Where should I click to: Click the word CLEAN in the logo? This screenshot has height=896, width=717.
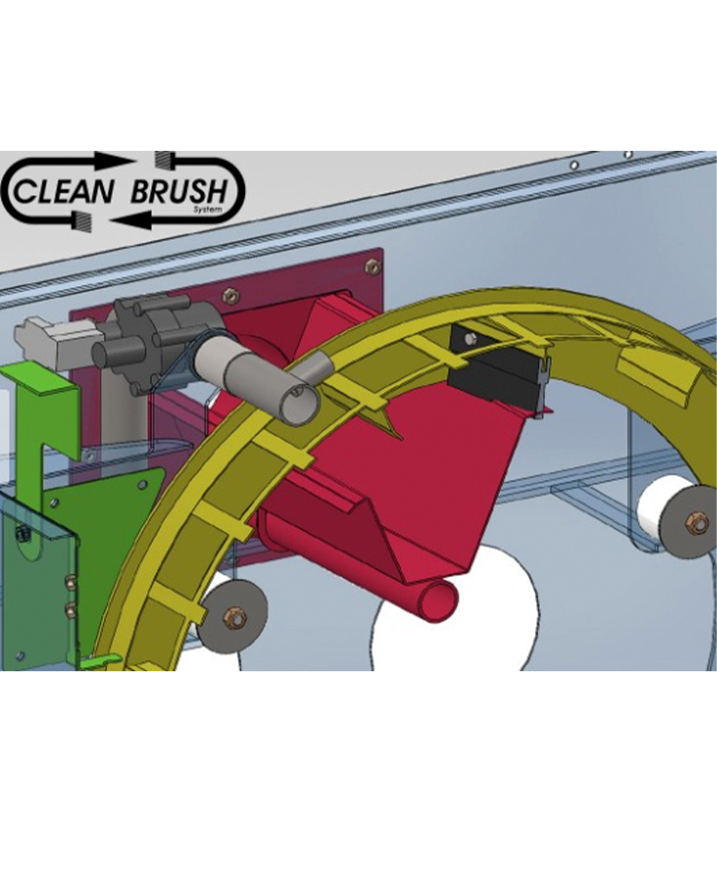click(x=63, y=191)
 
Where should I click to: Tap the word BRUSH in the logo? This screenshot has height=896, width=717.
click(x=178, y=190)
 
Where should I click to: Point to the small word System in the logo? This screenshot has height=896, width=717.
click(x=202, y=208)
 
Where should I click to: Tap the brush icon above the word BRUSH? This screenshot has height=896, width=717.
click(x=165, y=160)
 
